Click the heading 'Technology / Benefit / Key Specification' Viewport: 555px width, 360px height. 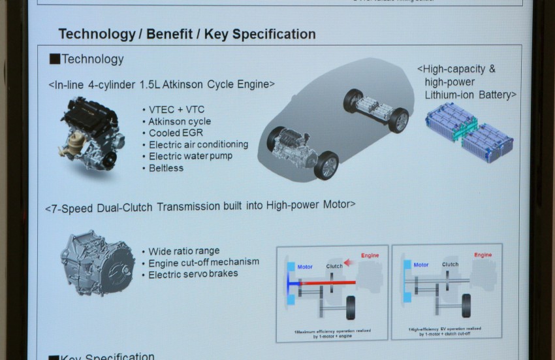tap(187, 34)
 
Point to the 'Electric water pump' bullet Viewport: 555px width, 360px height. tap(190, 156)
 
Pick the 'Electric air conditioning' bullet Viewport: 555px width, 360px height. tap(198, 144)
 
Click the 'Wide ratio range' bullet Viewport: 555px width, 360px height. tap(183, 251)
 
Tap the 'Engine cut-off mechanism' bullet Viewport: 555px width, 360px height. tap(203, 262)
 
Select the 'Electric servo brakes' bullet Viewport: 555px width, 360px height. tap(193, 273)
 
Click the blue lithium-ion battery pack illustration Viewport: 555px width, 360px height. tap(469, 131)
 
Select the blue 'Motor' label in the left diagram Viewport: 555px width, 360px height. tap(304, 267)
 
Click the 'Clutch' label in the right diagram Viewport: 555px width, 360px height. tap(450, 265)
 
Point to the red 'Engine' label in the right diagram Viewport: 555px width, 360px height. tap(483, 255)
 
